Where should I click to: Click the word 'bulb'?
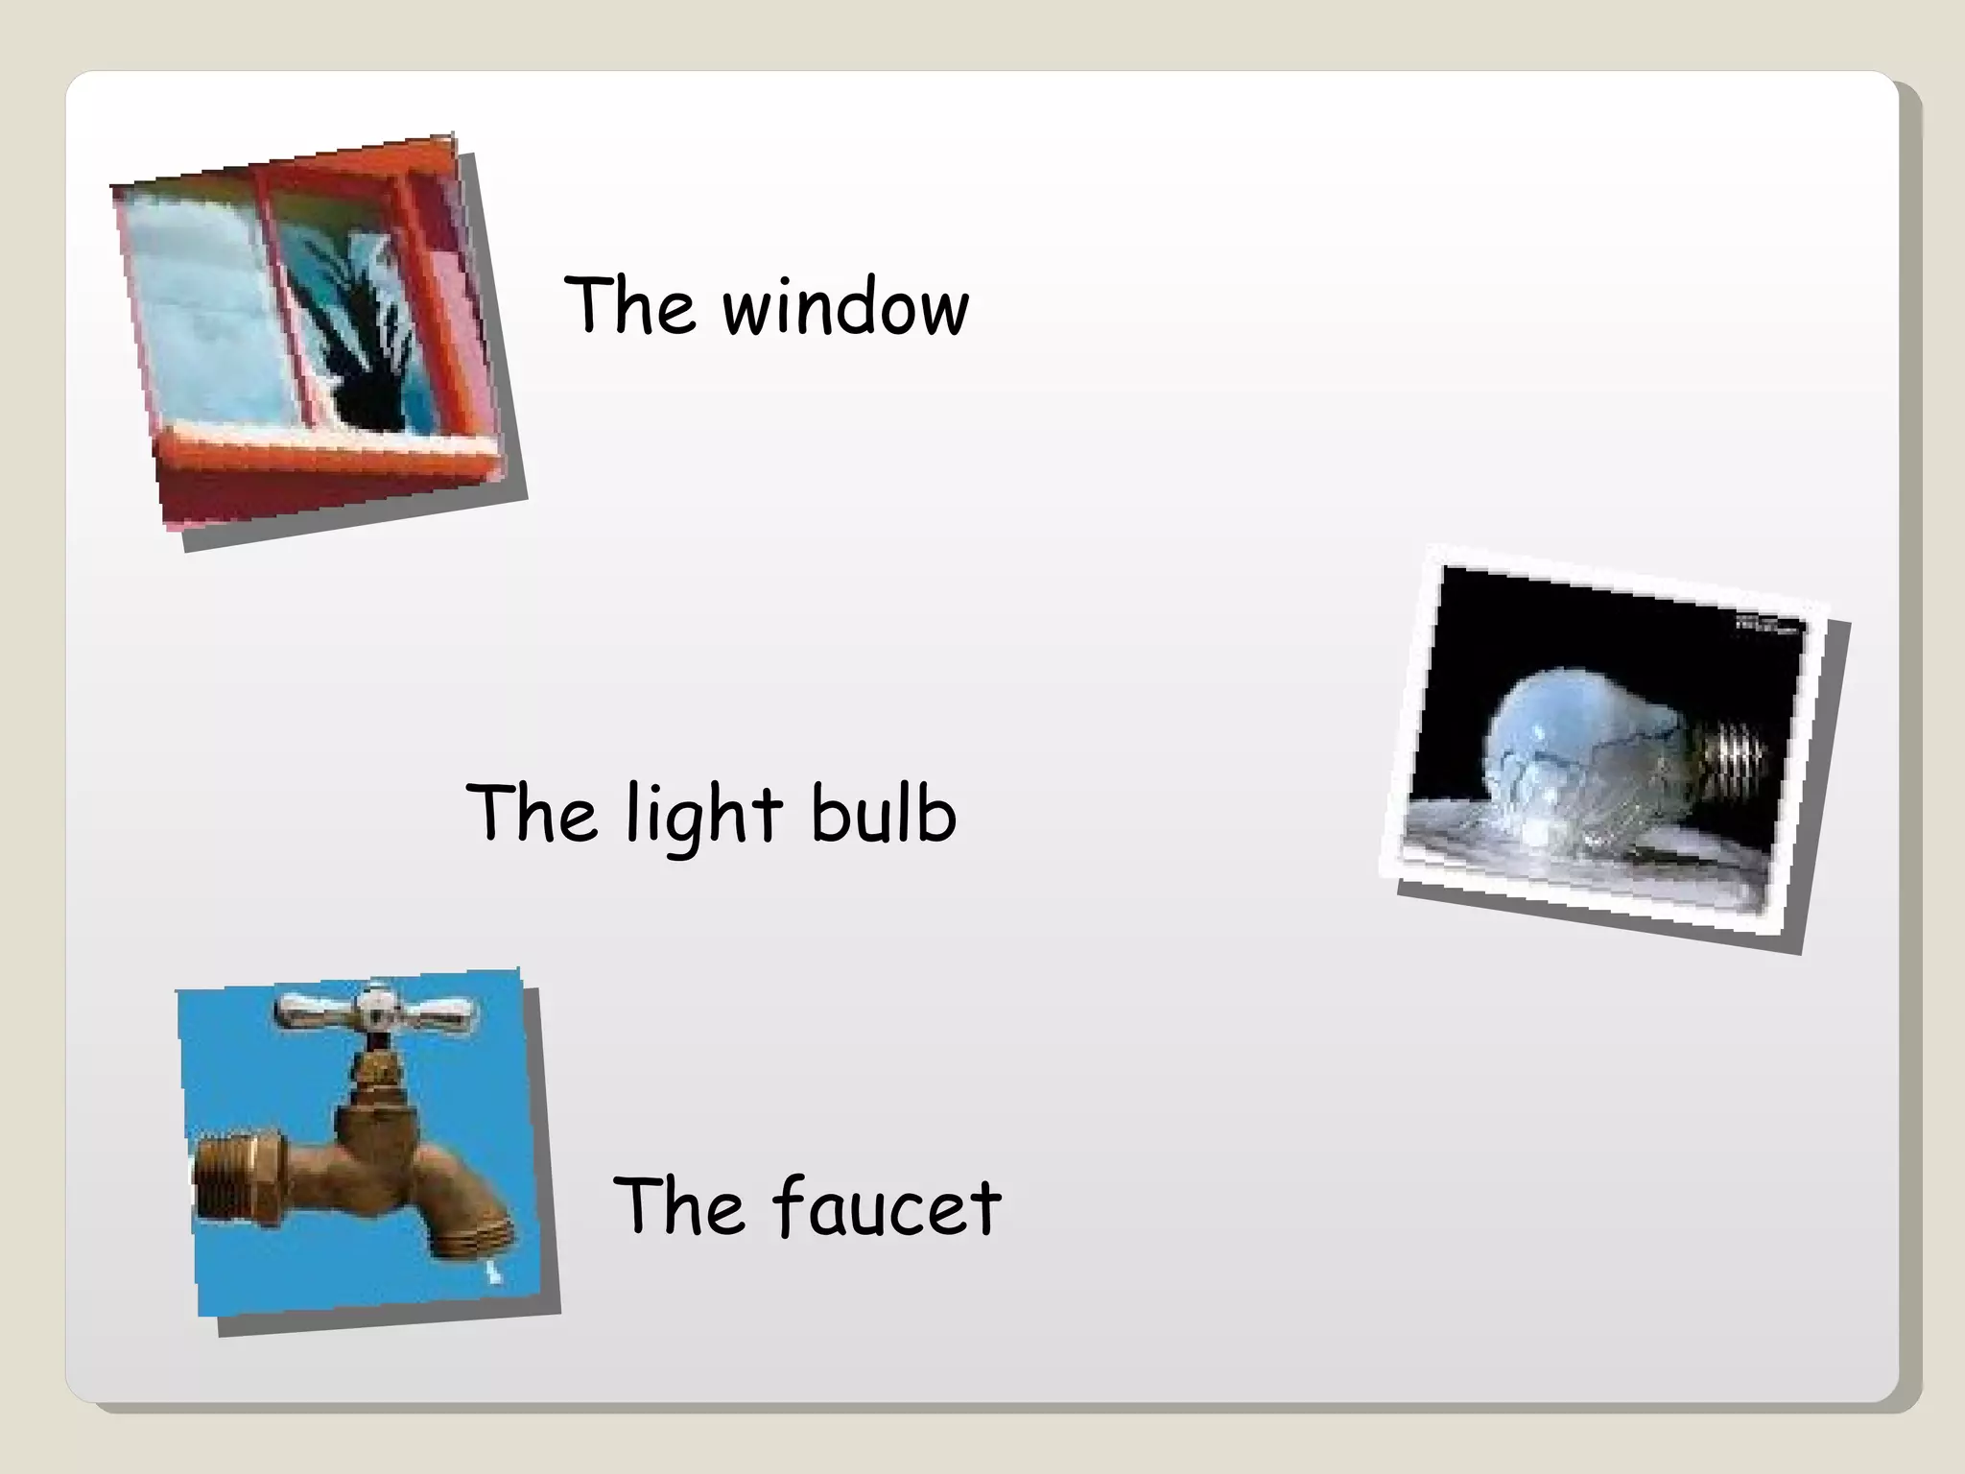[x=883, y=814]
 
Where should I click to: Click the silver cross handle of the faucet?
[x=375, y=1008]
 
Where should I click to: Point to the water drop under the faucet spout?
[x=493, y=1273]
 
